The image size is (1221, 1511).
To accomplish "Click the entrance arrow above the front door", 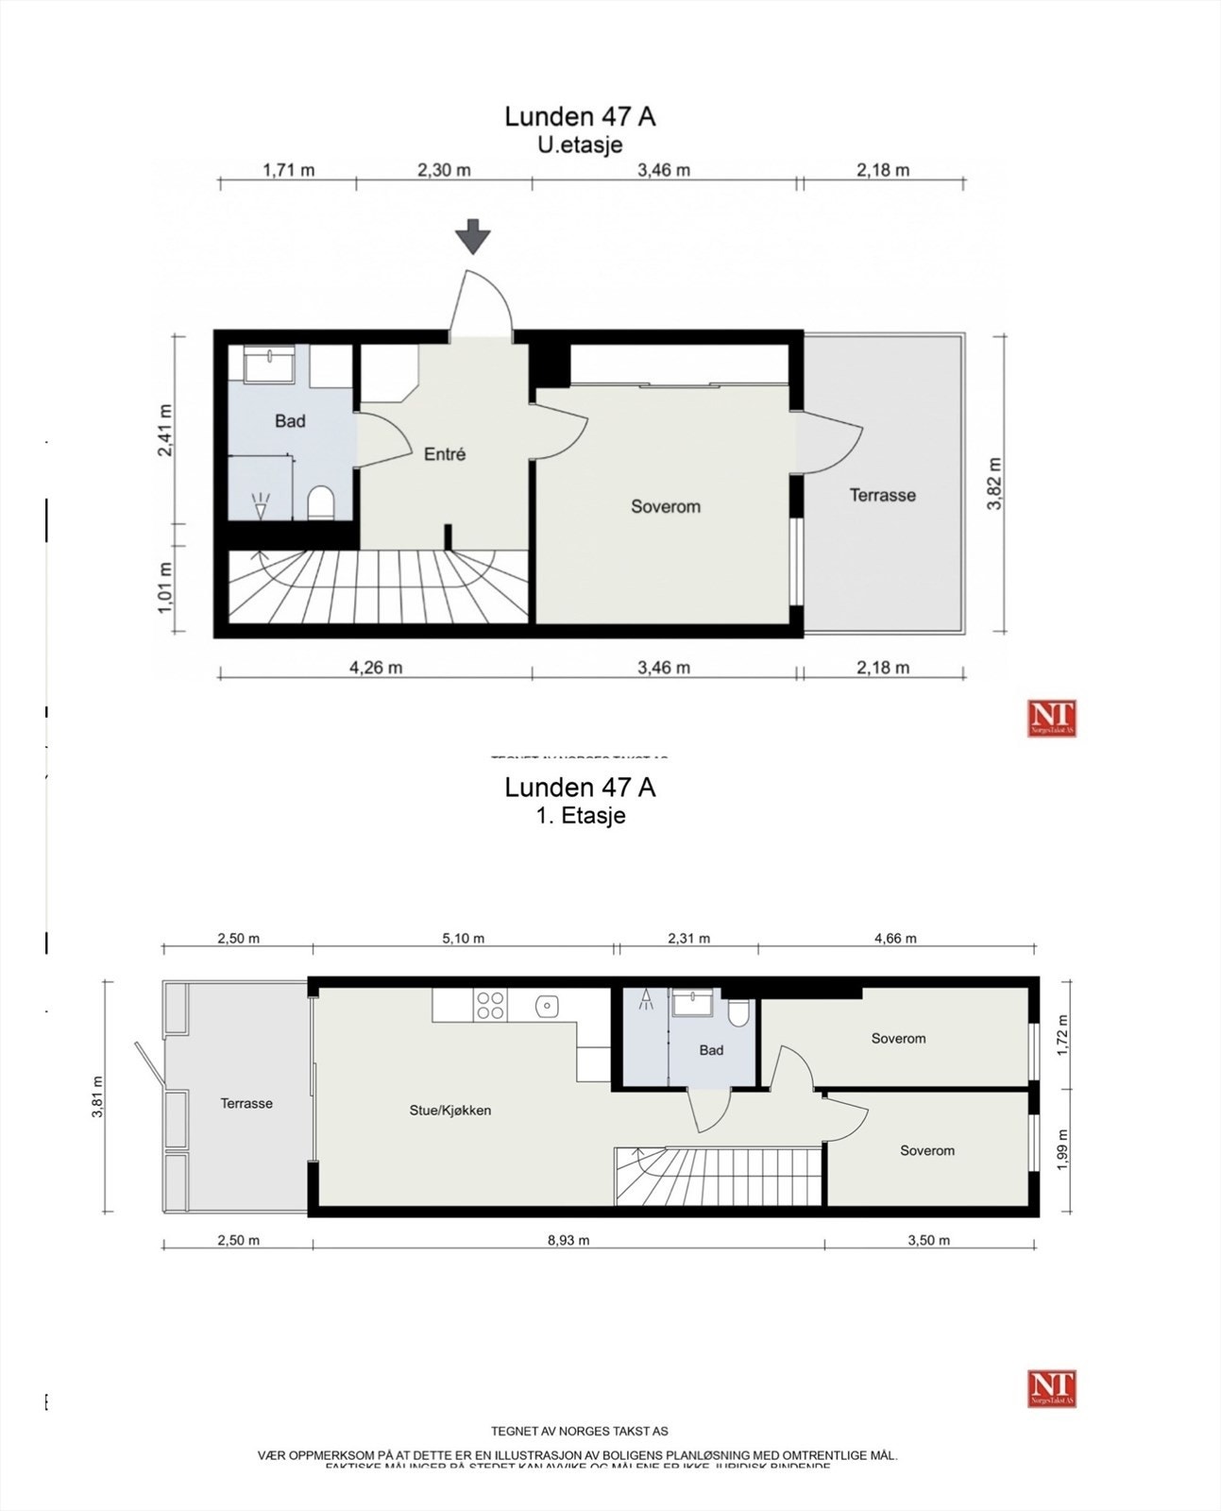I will pyautogui.click(x=472, y=236).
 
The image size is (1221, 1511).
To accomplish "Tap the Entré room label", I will pyautogui.click(x=444, y=454).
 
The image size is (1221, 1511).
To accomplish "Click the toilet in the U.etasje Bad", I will pyautogui.click(x=321, y=502).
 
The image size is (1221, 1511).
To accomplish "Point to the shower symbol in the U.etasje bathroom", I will pyautogui.click(x=261, y=504).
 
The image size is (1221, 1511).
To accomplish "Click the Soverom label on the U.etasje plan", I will pyautogui.click(x=666, y=507).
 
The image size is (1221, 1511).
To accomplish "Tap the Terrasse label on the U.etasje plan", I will pyautogui.click(x=882, y=495).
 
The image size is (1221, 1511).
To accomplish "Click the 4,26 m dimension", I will pyautogui.click(x=376, y=668).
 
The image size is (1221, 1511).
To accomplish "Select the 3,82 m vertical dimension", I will pyautogui.click(x=994, y=484).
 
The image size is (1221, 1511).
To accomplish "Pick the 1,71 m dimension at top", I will pyautogui.click(x=288, y=170).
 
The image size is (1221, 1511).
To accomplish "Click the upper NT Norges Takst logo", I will pyautogui.click(x=1052, y=719).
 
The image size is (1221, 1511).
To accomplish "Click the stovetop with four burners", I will pyautogui.click(x=490, y=1005).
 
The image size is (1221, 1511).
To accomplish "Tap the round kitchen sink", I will pyautogui.click(x=547, y=1007).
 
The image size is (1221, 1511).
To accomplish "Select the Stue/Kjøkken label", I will pyautogui.click(x=449, y=1111).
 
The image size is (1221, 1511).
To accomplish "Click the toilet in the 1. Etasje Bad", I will pyautogui.click(x=738, y=1012).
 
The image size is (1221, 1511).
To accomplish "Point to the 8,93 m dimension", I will pyautogui.click(x=568, y=1240).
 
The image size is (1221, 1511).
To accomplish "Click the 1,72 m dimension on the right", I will pyautogui.click(x=1062, y=1035).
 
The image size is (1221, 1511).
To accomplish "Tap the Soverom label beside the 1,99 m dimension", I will pyautogui.click(x=926, y=1150).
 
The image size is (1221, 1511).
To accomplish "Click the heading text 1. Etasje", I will pyautogui.click(x=580, y=815).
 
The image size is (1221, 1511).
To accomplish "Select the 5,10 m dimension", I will pyautogui.click(x=464, y=939).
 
